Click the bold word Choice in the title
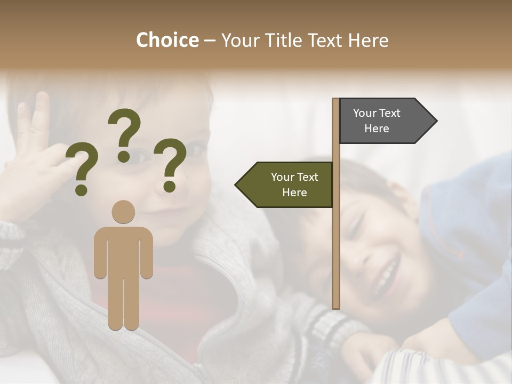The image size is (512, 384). click(x=167, y=40)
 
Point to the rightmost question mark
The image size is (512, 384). click(x=170, y=163)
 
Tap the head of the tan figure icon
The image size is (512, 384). click(x=123, y=212)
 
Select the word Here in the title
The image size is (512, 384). click(x=369, y=40)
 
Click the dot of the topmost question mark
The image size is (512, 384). click(x=124, y=156)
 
